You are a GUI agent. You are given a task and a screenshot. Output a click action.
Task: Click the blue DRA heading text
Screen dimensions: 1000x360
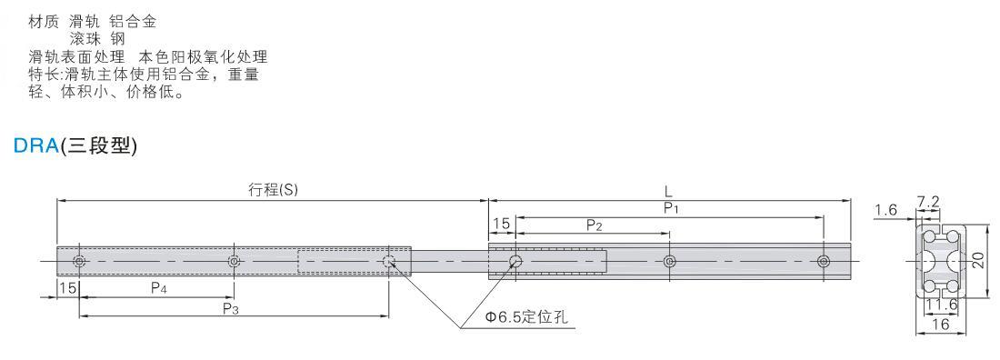(36, 146)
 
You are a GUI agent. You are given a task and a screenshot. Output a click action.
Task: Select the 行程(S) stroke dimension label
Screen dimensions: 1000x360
(273, 190)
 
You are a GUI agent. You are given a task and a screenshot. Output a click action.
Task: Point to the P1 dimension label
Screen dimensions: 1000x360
(669, 207)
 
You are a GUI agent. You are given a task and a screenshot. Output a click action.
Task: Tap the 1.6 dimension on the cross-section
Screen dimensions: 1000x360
(885, 209)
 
